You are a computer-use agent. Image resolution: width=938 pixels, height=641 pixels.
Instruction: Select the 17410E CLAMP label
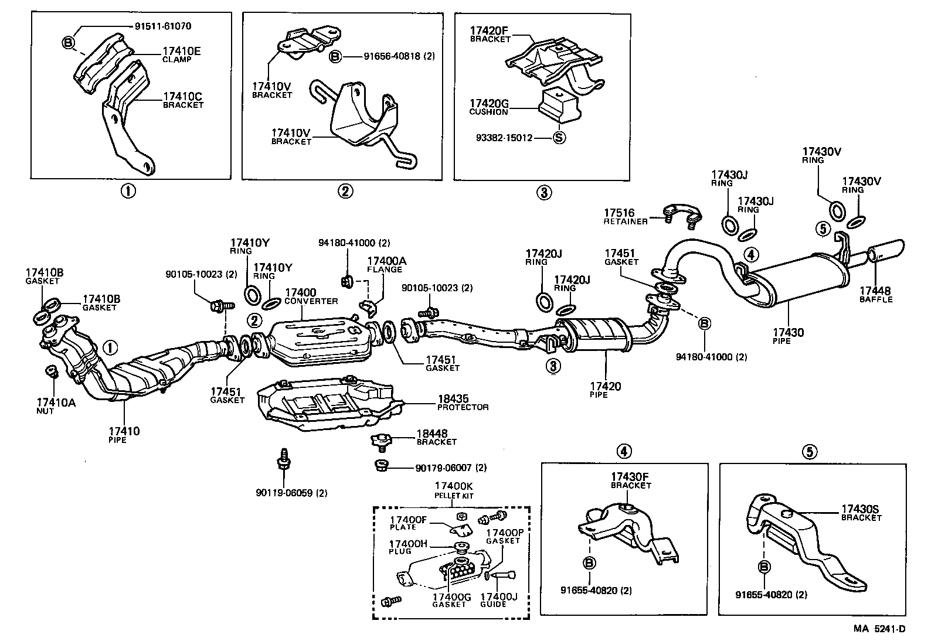tap(181, 54)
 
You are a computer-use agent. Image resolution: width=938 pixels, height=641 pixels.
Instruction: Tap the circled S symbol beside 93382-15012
tap(559, 138)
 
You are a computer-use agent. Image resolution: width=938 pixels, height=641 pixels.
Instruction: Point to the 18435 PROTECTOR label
tap(463, 402)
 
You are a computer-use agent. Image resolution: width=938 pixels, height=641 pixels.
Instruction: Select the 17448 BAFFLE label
tap(876, 294)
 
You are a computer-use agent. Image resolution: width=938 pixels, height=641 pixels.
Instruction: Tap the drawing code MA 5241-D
tap(879, 629)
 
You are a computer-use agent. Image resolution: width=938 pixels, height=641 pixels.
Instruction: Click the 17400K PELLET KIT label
tap(454, 490)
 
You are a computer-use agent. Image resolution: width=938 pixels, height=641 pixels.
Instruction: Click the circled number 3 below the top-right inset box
tap(543, 192)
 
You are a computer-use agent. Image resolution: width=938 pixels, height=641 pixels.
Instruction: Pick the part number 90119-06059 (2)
tap(291, 493)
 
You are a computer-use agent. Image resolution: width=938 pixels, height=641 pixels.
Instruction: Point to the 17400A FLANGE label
tap(385, 265)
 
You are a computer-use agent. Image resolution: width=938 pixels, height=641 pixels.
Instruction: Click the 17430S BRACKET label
tap(861, 513)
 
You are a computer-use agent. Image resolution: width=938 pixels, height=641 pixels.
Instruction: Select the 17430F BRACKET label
tap(631, 481)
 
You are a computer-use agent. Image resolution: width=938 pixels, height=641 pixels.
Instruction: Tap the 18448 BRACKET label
tap(436, 437)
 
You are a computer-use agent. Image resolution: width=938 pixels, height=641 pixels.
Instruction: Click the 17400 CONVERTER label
tap(311, 296)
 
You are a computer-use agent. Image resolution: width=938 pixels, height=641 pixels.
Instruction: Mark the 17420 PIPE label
tap(605, 390)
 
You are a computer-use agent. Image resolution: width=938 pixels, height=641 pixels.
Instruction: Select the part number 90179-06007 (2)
tap(443, 468)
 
